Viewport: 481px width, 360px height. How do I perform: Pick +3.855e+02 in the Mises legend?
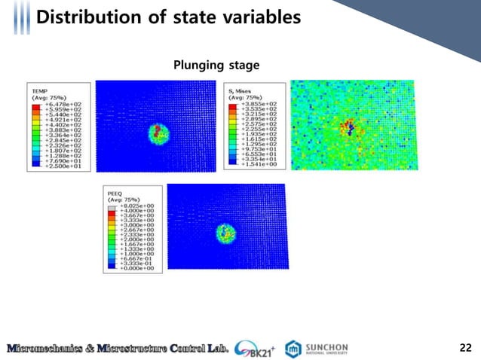(260, 103)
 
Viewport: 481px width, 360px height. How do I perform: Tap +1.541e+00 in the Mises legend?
(260, 165)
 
